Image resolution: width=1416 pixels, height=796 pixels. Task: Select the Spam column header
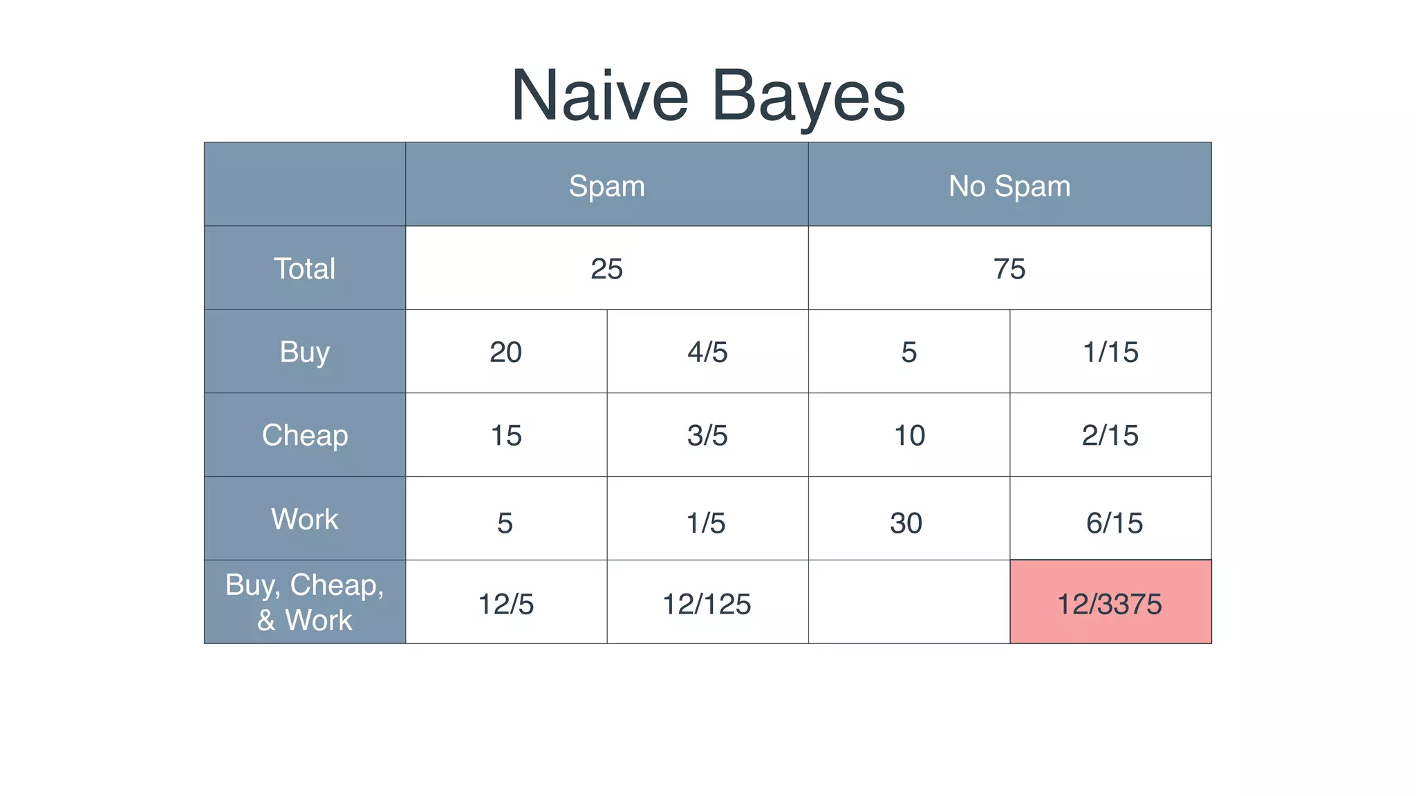[606, 186]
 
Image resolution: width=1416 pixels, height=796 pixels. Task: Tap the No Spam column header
[1009, 186]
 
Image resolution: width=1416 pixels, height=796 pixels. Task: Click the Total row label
[304, 268]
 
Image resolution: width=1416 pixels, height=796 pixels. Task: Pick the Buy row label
[304, 352]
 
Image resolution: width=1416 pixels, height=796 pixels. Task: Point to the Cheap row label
[304, 435]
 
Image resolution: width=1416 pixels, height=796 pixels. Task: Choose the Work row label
[304, 519]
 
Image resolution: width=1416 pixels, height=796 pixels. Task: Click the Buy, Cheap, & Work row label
[304, 603]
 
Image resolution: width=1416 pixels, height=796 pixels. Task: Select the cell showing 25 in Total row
[606, 268]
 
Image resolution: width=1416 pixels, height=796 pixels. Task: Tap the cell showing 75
[1009, 268]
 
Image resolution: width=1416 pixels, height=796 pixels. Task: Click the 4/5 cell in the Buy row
[707, 352]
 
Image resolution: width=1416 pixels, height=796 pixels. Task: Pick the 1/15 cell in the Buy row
[1110, 352]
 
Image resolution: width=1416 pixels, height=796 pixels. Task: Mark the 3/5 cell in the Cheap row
[707, 435]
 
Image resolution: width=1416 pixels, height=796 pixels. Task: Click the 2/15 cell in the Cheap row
[1110, 435]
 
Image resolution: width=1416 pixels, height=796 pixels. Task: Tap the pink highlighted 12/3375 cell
[1110, 603]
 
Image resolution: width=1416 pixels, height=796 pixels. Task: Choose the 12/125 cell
[707, 603]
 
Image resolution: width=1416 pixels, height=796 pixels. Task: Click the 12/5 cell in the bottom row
[505, 603]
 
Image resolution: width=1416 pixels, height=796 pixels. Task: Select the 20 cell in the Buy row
[505, 352]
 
